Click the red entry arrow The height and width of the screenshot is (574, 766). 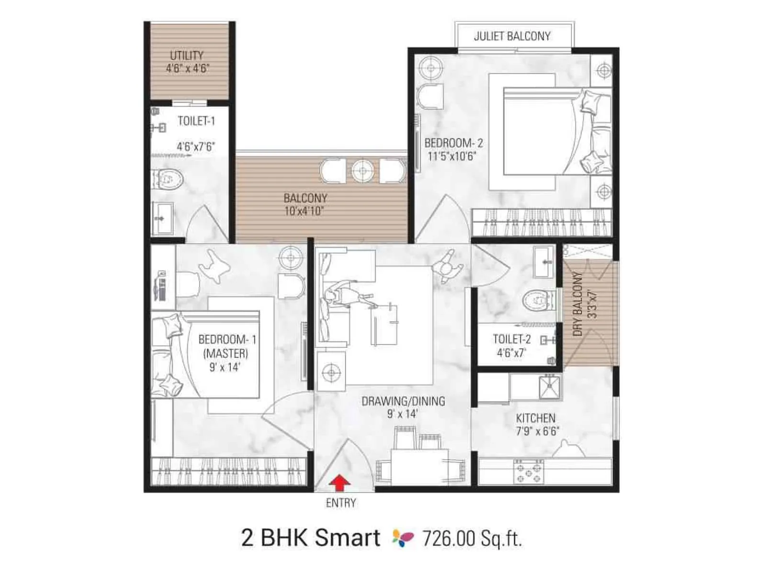pyautogui.click(x=339, y=483)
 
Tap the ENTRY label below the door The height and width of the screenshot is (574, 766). pyautogui.click(x=341, y=503)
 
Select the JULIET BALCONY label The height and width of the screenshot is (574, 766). pyautogui.click(x=512, y=36)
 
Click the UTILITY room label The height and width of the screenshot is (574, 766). pyautogui.click(x=187, y=55)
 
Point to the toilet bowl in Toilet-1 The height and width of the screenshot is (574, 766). pyautogui.click(x=169, y=179)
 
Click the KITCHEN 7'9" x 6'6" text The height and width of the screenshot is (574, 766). pyautogui.click(x=537, y=425)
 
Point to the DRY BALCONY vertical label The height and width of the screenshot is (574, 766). pyautogui.click(x=578, y=304)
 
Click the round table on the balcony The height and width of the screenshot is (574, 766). pyautogui.click(x=362, y=171)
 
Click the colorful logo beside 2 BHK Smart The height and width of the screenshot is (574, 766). pyautogui.click(x=403, y=538)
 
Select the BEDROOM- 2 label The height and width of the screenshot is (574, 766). pyautogui.click(x=453, y=143)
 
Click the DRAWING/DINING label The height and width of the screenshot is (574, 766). pyautogui.click(x=403, y=401)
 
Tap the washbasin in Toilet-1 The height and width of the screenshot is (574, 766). pyautogui.click(x=163, y=219)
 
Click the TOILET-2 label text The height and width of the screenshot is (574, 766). pyautogui.click(x=512, y=340)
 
